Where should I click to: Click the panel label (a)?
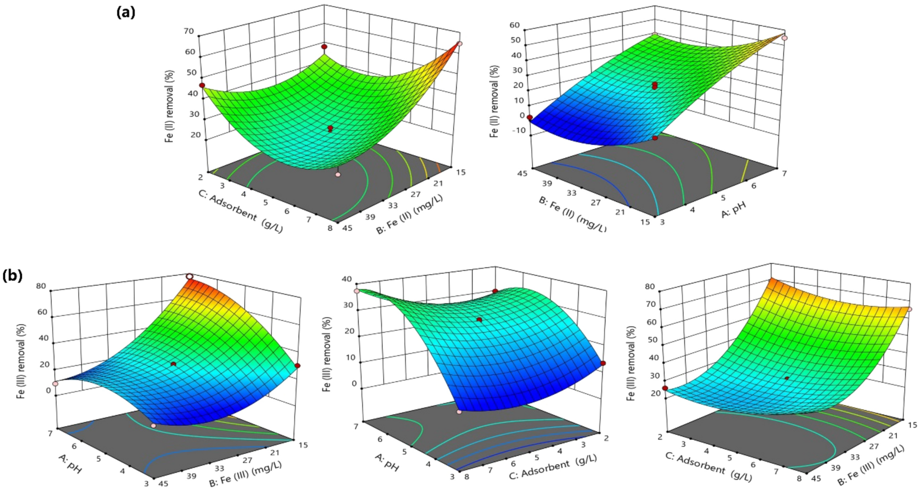click(x=126, y=12)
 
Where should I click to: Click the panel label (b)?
click(x=13, y=275)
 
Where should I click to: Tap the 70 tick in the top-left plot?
click(x=189, y=31)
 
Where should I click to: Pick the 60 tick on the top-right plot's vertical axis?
click(x=514, y=25)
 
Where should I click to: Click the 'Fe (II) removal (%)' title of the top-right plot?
click(x=495, y=101)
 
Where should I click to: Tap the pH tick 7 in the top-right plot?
click(x=784, y=174)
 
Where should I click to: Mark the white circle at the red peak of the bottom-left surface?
click(x=189, y=276)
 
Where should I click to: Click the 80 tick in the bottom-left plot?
click(x=41, y=286)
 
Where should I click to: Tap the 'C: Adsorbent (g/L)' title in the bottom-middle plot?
click(x=552, y=466)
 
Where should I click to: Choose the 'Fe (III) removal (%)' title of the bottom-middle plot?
click(x=326, y=354)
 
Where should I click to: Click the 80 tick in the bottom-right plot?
click(x=649, y=286)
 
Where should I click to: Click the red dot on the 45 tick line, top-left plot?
click(x=202, y=86)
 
